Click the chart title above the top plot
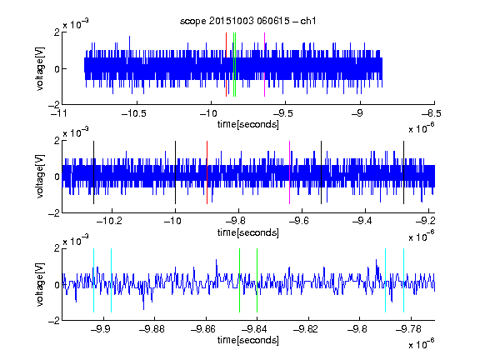tap(247, 21)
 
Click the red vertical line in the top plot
tap(226, 65)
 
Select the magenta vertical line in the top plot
tap(264, 65)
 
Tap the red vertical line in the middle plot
tap(207, 172)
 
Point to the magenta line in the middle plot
tap(290, 172)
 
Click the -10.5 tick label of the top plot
tap(134, 114)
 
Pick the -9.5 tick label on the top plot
tap(283, 114)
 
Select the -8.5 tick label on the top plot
tap(432, 114)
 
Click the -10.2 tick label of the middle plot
tap(109, 221)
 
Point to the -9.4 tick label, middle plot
tap(362, 221)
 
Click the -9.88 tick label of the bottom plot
tap(152, 329)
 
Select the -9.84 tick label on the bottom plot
tap(254, 329)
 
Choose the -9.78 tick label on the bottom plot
tap(408, 329)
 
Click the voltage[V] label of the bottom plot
tap(40, 284)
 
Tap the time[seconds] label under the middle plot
tap(248, 232)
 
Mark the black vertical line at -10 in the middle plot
tap(175, 172)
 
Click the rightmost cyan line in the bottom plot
tap(403, 280)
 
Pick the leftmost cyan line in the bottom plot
tap(93, 280)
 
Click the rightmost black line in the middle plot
tap(403, 172)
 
